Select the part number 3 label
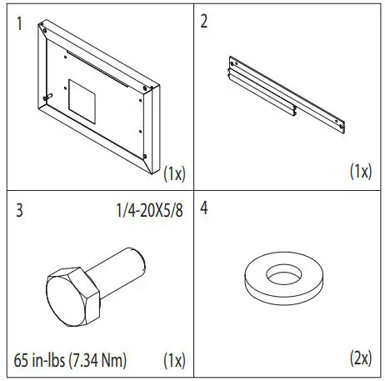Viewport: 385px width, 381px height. [20, 209]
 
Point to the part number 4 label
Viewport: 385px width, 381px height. [206, 209]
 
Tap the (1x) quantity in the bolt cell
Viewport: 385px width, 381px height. [174, 360]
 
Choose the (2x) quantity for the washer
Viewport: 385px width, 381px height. [361, 360]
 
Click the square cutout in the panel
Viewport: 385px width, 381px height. [82, 98]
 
